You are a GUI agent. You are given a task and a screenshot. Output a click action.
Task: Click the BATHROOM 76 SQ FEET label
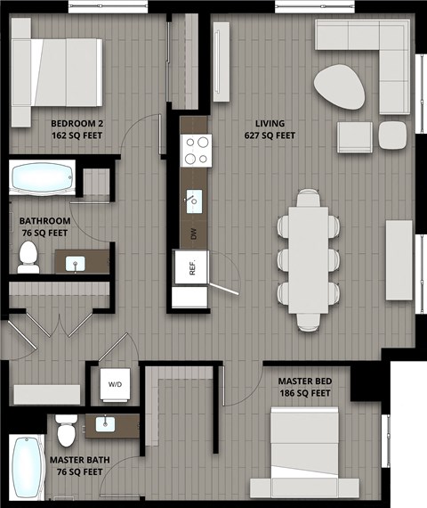tap(44, 226)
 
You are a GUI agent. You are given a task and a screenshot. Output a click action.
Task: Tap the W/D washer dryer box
tap(115, 385)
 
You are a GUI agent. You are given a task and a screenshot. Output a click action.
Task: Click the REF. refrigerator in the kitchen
tap(189, 266)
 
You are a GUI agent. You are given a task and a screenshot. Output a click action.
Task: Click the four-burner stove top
tap(195, 150)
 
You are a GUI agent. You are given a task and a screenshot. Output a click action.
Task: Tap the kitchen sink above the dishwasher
tap(193, 200)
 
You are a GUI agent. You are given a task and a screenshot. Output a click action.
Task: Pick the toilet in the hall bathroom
tap(28, 256)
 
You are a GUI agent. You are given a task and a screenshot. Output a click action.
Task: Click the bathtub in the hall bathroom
tap(43, 178)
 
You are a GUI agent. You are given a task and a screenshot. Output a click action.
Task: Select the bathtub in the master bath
tap(27, 469)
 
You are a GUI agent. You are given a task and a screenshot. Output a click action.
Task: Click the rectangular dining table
tap(308, 259)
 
